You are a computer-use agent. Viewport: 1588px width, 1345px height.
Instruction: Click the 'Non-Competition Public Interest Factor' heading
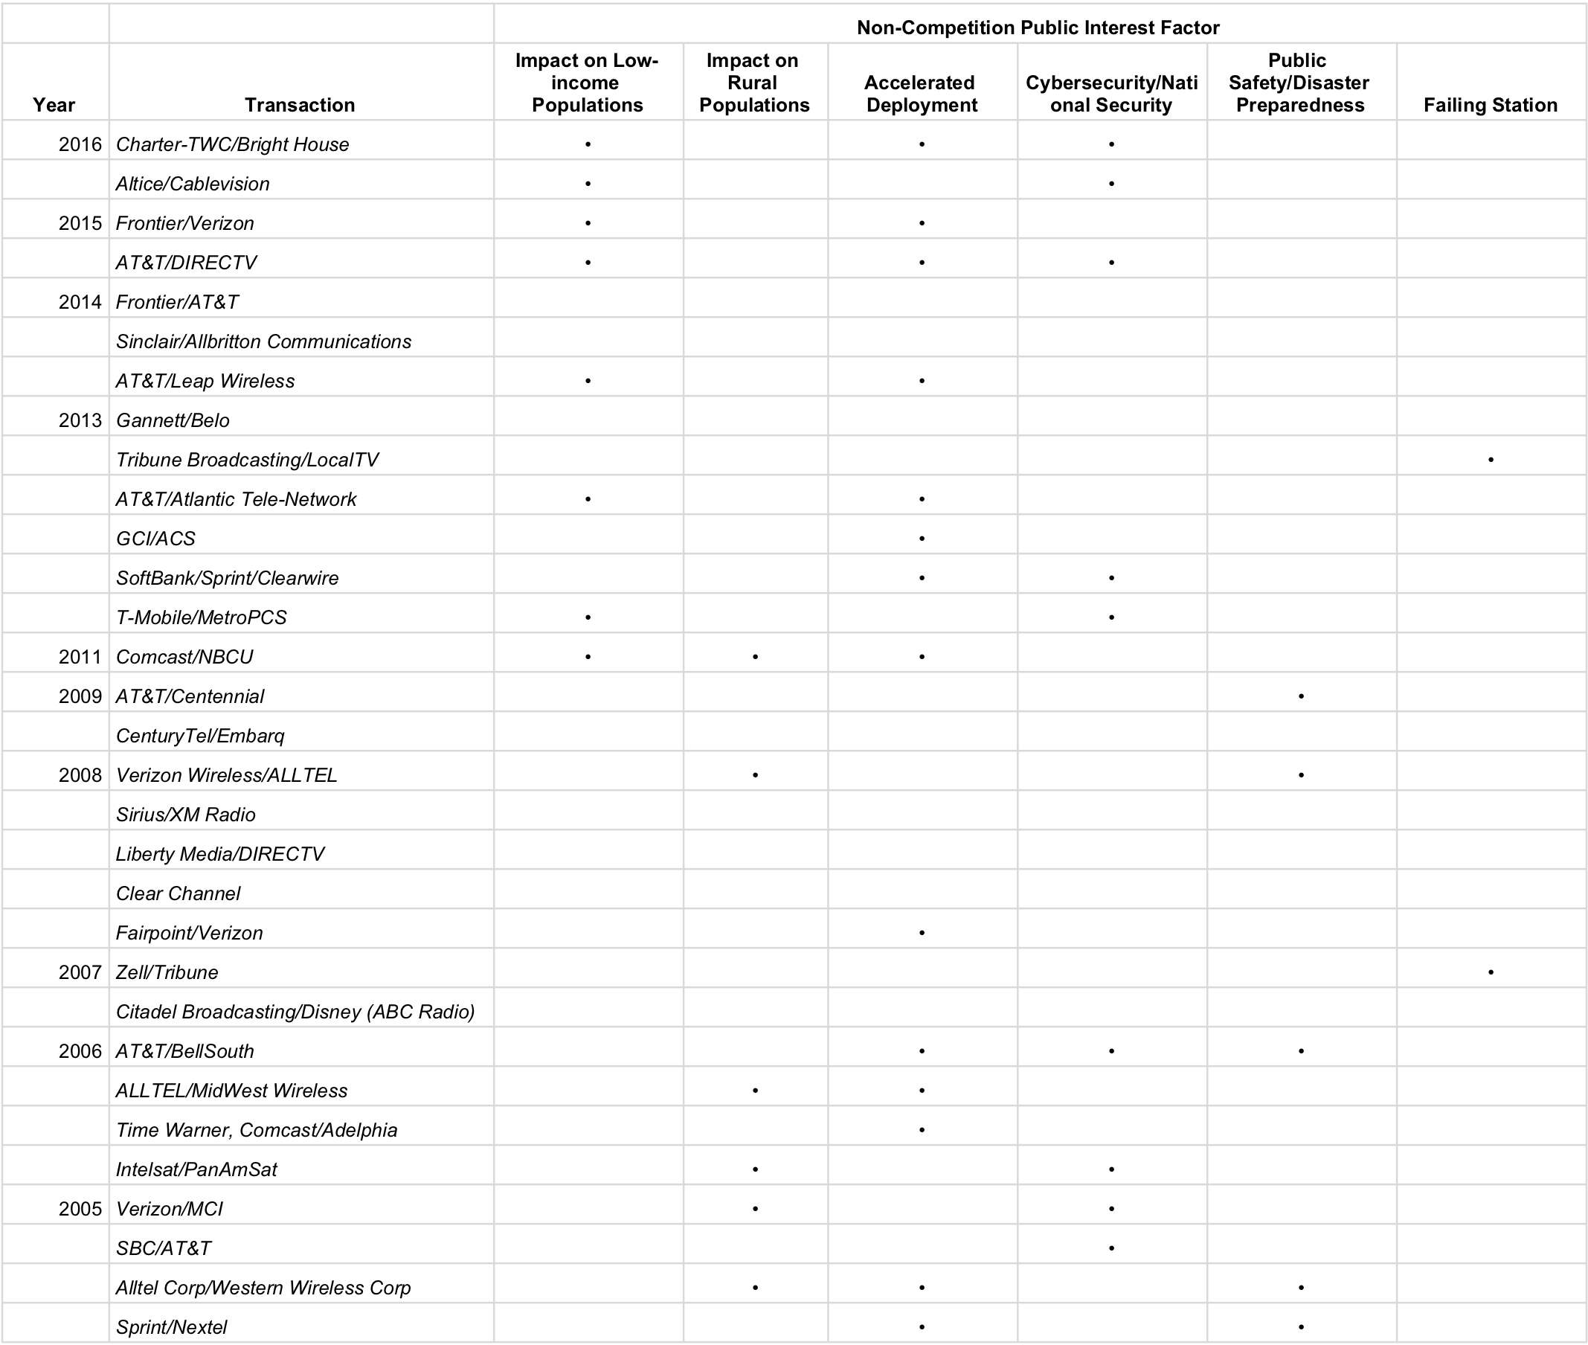tap(1038, 28)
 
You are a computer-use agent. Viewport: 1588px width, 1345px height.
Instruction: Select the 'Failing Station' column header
tap(1490, 104)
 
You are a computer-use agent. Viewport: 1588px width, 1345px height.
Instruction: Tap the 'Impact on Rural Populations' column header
tap(753, 83)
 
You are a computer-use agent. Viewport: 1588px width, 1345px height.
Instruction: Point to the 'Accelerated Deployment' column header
tap(921, 94)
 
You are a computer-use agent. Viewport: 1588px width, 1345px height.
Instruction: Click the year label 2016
tap(80, 144)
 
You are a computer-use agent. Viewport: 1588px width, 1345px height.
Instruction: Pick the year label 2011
tap(80, 656)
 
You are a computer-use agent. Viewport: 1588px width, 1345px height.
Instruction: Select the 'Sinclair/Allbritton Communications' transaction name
tap(263, 341)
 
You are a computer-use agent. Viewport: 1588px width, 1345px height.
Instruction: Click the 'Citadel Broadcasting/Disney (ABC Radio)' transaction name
tap(295, 1011)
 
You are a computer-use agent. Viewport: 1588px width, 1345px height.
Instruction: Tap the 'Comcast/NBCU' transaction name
tap(184, 656)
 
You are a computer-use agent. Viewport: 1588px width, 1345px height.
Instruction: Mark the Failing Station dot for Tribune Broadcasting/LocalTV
tap(1491, 460)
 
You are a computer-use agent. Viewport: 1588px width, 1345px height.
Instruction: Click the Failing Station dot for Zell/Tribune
tap(1491, 972)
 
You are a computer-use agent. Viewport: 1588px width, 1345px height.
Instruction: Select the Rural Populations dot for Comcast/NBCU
tap(755, 656)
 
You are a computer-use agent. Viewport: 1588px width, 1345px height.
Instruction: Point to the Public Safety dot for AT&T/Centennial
tap(1301, 696)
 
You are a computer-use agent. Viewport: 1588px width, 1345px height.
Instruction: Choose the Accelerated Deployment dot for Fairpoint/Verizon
tap(922, 933)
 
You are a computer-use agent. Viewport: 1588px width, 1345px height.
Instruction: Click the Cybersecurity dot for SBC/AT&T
tap(1111, 1248)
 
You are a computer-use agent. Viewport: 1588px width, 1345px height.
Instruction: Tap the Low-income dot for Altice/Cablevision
tap(588, 184)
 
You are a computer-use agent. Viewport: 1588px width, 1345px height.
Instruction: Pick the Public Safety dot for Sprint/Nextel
tap(1301, 1326)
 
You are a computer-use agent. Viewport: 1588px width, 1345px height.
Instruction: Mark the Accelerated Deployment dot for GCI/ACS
tap(922, 539)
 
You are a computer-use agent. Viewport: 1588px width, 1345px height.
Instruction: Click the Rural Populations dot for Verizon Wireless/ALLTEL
tap(755, 774)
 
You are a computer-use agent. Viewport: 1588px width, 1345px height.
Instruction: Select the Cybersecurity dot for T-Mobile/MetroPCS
tap(1111, 617)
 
